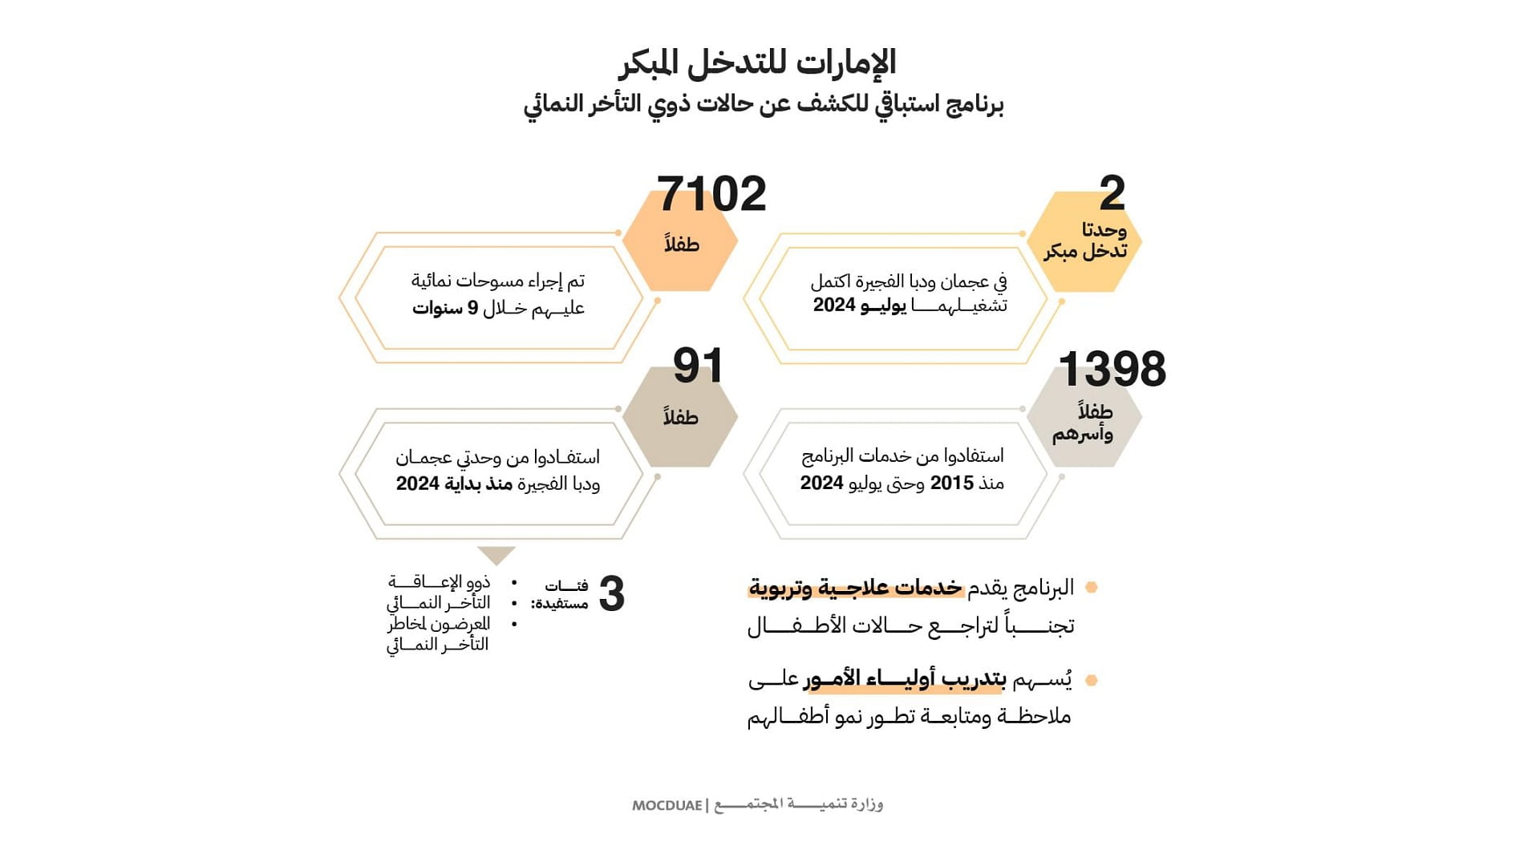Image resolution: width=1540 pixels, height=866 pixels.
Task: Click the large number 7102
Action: point(711,195)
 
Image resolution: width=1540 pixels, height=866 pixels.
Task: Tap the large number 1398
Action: point(1112,370)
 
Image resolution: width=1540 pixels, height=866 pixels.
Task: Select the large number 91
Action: point(698,366)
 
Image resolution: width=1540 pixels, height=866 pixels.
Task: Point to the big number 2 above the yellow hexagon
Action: point(1112,193)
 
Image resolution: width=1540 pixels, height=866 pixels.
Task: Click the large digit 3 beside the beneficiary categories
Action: point(611,595)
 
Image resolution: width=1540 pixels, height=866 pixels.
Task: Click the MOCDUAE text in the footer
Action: point(667,805)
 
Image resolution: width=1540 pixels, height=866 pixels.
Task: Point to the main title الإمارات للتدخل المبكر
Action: point(757,63)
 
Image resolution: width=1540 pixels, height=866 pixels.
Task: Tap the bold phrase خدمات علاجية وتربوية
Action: point(855,588)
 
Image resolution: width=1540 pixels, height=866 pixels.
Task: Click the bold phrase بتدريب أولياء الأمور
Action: point(905,680)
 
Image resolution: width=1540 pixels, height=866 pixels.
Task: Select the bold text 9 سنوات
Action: point(444,308)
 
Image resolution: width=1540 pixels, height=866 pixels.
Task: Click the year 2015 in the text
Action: point(951,483)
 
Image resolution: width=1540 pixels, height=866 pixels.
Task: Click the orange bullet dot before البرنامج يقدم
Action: point(1091,588)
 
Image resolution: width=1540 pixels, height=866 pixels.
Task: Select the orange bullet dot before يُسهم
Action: point(1091,681)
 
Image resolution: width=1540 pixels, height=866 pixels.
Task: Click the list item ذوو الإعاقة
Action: point(439,581)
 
